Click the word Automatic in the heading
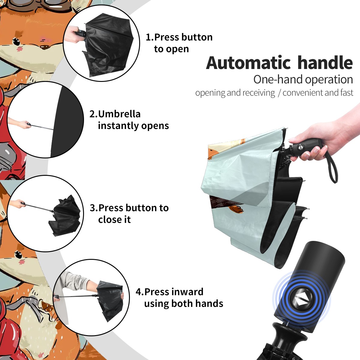tap(248, 63)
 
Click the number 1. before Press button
tap(150, 37)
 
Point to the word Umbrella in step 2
tap(119, 114)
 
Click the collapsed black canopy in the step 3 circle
tap(64, 215)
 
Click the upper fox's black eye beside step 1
tap(16, 42)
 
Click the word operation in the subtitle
tap(329, 80)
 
